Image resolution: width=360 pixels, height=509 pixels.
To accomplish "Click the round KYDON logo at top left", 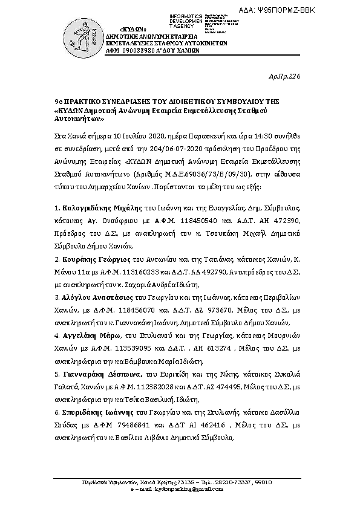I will point(81,34).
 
